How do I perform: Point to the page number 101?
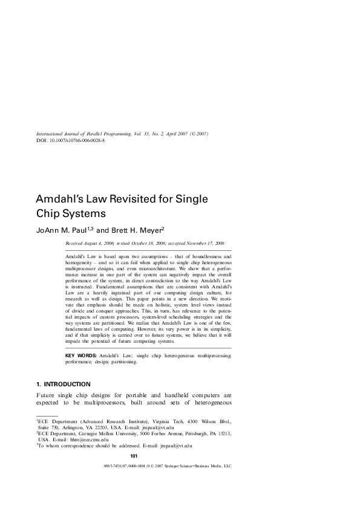pyautogui.click(x=134, y=455)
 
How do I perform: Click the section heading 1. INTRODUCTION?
pyautogui.click(x=64, y=384)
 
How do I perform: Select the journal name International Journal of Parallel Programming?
pyautogui.click(x=79, y=134)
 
